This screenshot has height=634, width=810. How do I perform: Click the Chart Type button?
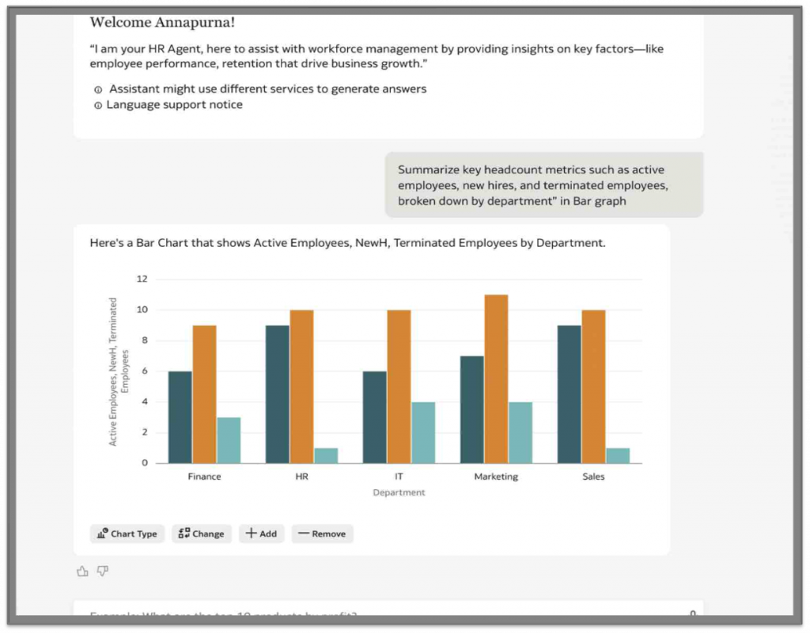127,533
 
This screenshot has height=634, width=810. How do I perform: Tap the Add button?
261,533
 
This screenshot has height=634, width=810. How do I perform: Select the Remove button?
322,533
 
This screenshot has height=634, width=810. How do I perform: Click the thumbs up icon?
82,571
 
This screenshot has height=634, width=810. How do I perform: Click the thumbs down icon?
103,571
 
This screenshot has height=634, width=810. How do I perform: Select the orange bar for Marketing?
496,378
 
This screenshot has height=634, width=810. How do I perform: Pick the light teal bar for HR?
326,455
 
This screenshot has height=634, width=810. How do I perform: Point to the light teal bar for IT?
423,432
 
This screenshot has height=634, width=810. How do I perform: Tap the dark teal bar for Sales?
569,394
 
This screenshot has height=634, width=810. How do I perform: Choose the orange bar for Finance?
204,394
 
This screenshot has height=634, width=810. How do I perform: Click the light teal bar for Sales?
618,455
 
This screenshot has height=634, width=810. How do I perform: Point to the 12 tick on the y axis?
142,279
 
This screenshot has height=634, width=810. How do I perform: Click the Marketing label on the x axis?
496,476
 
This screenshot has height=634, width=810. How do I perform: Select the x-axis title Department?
399,492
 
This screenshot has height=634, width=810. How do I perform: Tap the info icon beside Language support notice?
98,105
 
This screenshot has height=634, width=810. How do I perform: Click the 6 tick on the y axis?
144,371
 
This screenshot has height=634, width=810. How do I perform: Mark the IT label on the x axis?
399,476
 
